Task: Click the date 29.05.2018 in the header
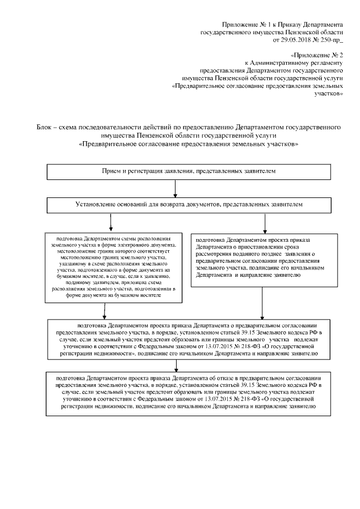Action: [296, 40]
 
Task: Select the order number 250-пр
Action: [330, 40]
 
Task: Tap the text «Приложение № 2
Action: [317, 56]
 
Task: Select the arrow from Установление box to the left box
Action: [111, 222]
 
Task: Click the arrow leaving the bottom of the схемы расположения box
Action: [104, 311]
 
